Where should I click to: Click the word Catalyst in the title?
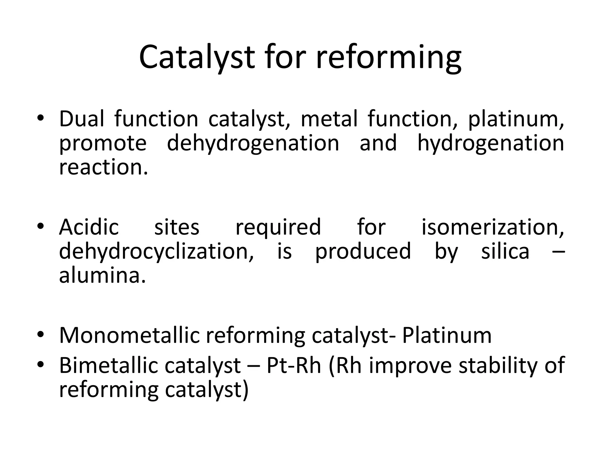pyautogui.click(x=196, y=57)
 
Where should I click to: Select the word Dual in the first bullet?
pyautogui.click(x=81, y=119)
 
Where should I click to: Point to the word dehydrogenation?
pyautogui.click(x=253, y=143)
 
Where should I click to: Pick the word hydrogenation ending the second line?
pyautogui.click(x=490, y=143)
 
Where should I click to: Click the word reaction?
pyautogui.click(x=103, y=167)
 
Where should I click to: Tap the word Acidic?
pyautogui.click(x=89, y=227)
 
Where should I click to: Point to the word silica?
pyautogui.click(x=505, y=251)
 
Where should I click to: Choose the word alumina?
pyautogui.click(x=102, y=276)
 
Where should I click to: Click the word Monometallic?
pyautogui.click(x=129, y=335)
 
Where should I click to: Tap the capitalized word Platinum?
pyautogui.click(x=447, y=335)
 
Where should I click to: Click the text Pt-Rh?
pyautogui.click(x=293, y=366)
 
